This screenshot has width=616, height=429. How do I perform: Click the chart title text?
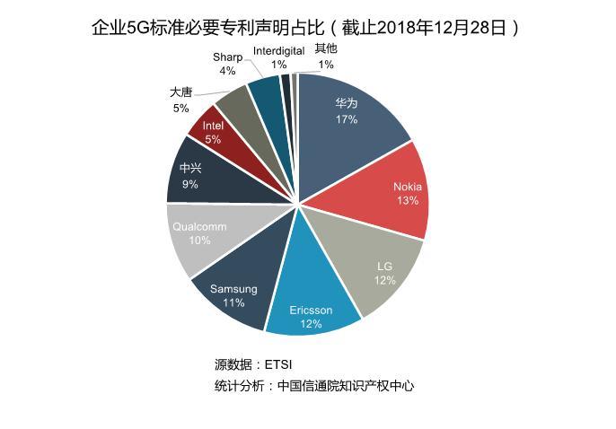click(x=306, y=28)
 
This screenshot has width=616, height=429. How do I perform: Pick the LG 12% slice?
click(x=382, y=274)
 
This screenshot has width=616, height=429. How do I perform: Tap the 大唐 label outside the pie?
click(x=180, y=92)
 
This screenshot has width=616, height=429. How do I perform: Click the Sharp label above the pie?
click(x=227, y=57)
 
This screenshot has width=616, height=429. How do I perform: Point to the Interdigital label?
click(x=278, y=51)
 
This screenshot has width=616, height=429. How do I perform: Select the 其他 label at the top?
click(x=326, y=49)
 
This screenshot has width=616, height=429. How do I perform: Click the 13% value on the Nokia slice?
click(x=408, y=201)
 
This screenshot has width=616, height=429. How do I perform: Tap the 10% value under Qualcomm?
click(x=199, y=241)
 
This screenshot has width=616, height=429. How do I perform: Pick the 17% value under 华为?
click(x=347, y=119)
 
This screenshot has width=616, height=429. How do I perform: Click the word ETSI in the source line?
click(x=278, y=364)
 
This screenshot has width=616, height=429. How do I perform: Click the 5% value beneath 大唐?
click(x=180, y=108)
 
